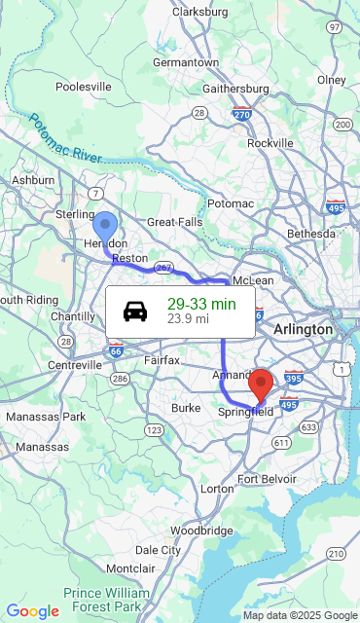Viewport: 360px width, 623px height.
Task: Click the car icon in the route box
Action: point(135,311)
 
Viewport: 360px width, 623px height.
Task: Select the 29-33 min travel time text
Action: point(201,304)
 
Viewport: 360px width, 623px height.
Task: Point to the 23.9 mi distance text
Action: point(188,318)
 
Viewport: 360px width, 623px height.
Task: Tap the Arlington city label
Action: point(303,330)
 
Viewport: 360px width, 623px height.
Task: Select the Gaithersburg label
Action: point(234,89)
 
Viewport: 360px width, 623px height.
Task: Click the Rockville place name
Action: point(270,142)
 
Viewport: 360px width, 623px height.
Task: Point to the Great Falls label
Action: point(175,222)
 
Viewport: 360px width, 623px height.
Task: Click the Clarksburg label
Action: point(199,12)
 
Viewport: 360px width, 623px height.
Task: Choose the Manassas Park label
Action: point(46,417)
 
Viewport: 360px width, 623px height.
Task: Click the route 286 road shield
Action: point(120,378)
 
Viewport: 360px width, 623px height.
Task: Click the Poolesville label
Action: point(85,87)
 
